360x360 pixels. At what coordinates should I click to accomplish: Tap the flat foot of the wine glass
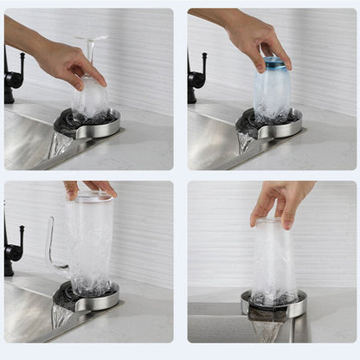pyautogui.click(x=90, y=39)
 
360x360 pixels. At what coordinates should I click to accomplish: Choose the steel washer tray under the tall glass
pyautogui.click(x=274, y=305)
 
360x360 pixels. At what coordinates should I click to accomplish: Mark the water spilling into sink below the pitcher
pyautogui.click(x=60, y=316)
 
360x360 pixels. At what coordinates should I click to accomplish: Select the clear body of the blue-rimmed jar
pyautogui.click(x=273, y=95)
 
